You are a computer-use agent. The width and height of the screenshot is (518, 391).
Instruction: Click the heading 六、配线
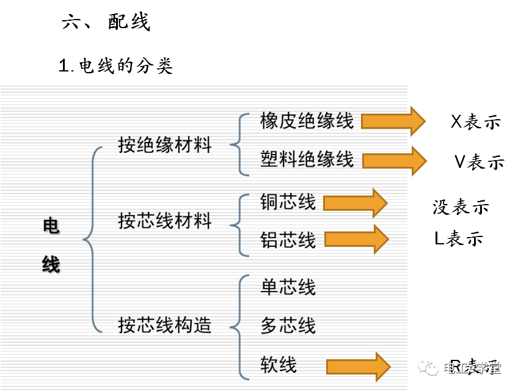pyautogui.click(x=106, y=23)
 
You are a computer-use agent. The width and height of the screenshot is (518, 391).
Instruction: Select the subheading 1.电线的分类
pyautogui.click(x=115, y=65)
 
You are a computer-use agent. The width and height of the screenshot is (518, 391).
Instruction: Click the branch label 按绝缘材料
pyautogui.click(x=165, y=145)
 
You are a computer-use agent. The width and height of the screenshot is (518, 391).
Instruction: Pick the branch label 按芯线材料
pyautogui.click(x=165, y=221)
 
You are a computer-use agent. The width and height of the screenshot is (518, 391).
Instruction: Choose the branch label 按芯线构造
pyautogui.click(x=165, y=325)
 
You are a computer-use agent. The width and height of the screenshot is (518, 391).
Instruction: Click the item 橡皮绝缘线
pyautogui.click(x=307, y=120)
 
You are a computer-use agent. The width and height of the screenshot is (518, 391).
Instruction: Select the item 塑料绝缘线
pyautogui.click(x=307, y=159)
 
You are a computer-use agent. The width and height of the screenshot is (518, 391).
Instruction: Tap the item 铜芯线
pyautogui.click(x=288, y=202)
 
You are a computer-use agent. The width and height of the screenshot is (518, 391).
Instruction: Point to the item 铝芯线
pyautogui.click(x=288, y=239)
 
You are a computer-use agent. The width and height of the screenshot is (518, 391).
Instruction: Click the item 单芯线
pyautogui.click(x=288, y=287)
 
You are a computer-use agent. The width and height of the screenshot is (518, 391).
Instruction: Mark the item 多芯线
pyautogui.click(x=288, y=325)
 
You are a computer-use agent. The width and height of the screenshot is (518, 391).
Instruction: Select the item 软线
pyautogui.click(x=279, y=365)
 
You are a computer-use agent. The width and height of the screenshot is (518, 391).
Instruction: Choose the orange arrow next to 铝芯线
pyautogui.click(x=356, y=239)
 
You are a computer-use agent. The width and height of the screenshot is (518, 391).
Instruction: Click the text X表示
pyautogui.click(x=475, y=122)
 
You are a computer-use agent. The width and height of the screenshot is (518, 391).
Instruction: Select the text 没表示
pyautogui.click(x=461, y=207)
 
